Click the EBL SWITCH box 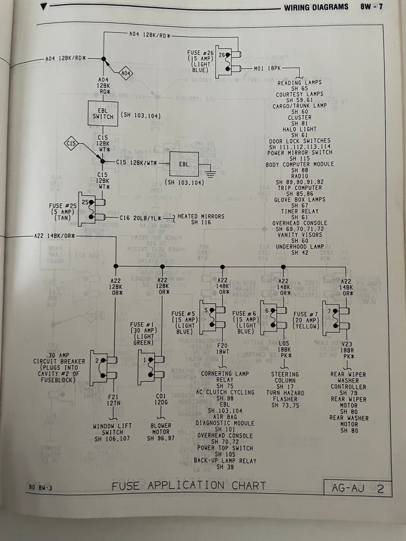(103, 113)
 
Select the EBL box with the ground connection (184, 164)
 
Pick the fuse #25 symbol (92, 210)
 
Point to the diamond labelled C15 (71, 145)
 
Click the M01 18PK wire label (267, 68)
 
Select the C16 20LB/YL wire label (140, 218)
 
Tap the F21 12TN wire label (114, 400)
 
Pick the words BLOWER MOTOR (161, 429)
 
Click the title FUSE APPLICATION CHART (189, 486)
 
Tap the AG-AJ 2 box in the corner (357, 488)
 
